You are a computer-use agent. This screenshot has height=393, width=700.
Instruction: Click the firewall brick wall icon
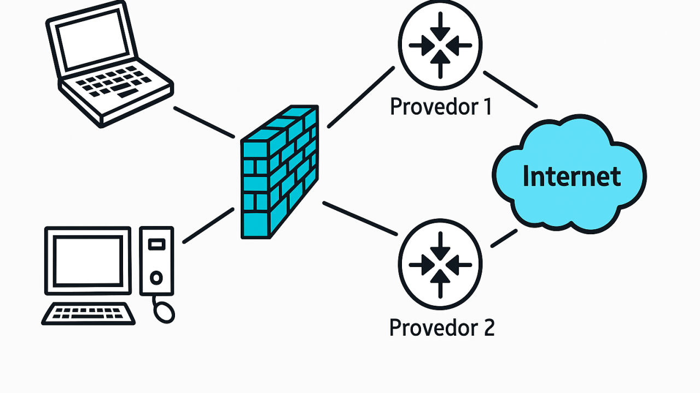pos(279,172)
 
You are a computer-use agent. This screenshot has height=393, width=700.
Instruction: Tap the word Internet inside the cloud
pos(571,176)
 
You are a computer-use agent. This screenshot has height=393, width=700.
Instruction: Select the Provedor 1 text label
pos(441,106)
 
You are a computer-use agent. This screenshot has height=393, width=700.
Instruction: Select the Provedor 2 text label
pos(441,327)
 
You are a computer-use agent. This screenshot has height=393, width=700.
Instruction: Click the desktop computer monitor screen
pos(88,260)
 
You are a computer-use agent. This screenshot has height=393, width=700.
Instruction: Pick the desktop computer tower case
pos(156,260)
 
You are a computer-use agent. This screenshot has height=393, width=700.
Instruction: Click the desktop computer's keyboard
pos(89,314)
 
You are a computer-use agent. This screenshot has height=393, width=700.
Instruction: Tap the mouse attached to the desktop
pos(164,312)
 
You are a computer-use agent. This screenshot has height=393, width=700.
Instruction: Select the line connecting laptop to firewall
pos(203,122)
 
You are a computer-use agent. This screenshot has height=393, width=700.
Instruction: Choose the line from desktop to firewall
pos(208,225)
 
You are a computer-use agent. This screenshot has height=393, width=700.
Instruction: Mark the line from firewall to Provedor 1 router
pos(361,97)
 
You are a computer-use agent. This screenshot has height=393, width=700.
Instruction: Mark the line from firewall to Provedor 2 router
pos(359,218)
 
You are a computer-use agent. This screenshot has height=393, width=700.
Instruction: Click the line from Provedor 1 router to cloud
pos(510,90)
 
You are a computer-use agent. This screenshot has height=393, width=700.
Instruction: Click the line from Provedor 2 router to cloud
pos(504,238)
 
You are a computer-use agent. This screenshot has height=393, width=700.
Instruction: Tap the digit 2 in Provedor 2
pos(488,327)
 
